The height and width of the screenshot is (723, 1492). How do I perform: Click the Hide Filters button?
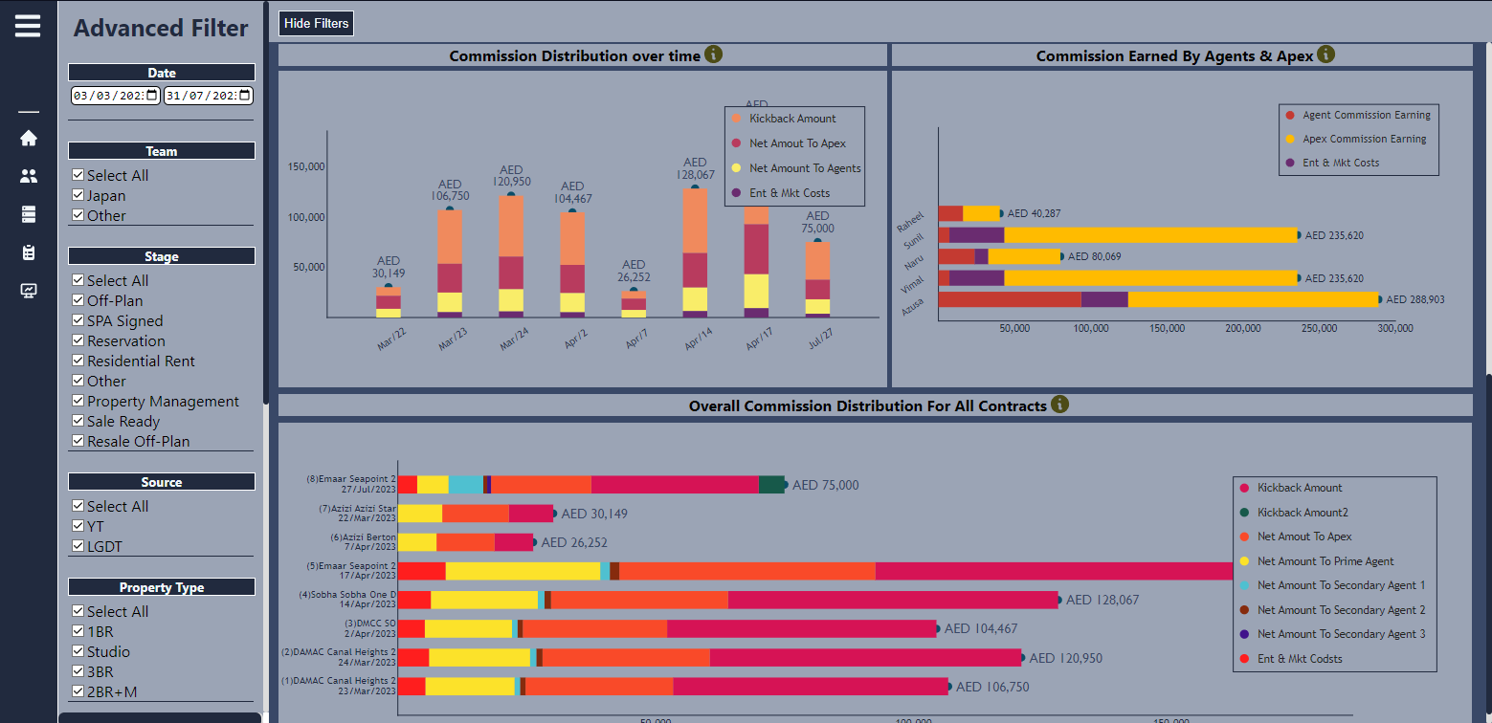pyautogui.click(x=316, y=23)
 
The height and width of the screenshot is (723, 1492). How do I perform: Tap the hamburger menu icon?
pyautogui.click(x=28, y=25)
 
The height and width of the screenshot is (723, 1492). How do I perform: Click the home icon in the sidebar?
pyautogui.click(x=29, y=138)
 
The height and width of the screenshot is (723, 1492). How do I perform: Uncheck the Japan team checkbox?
pyautogui.click(x=78, y=195)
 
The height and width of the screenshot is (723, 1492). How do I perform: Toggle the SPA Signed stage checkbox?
pyautogui.click(x=78, y=320)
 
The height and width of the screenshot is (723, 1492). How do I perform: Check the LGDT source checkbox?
pyautogui.click(x=78, y=546)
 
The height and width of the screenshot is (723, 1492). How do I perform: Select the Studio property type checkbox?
pyautogui.click(x=78, y=651)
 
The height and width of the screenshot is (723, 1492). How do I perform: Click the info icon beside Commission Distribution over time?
pyautogui.click(x=713, y=55)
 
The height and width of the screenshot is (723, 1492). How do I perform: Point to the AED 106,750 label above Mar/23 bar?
pyautogui.click(x=450, y=190)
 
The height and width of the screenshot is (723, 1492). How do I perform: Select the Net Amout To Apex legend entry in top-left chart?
pyautogui.click(x=797, y=143)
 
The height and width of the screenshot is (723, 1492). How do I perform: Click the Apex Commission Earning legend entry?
pyautogui.click(x=1364, y=139)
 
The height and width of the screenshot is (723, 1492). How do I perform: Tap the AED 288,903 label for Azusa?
pyautogui.click(x=1415, y=299)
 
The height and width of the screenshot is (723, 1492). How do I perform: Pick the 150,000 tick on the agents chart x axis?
pyautogui.click(x=1167, y=328)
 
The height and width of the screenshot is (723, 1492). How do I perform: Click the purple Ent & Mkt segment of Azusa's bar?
pyautogui.click(x=1104, y=299)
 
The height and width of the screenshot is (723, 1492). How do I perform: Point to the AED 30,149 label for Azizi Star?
pyautogui.click(x=593, y=514)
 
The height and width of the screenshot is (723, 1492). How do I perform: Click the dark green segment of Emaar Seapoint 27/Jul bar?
pyautogui.click(x=771, y=485)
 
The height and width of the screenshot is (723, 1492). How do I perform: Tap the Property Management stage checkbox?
pyautogui.click(x=78, y=401)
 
